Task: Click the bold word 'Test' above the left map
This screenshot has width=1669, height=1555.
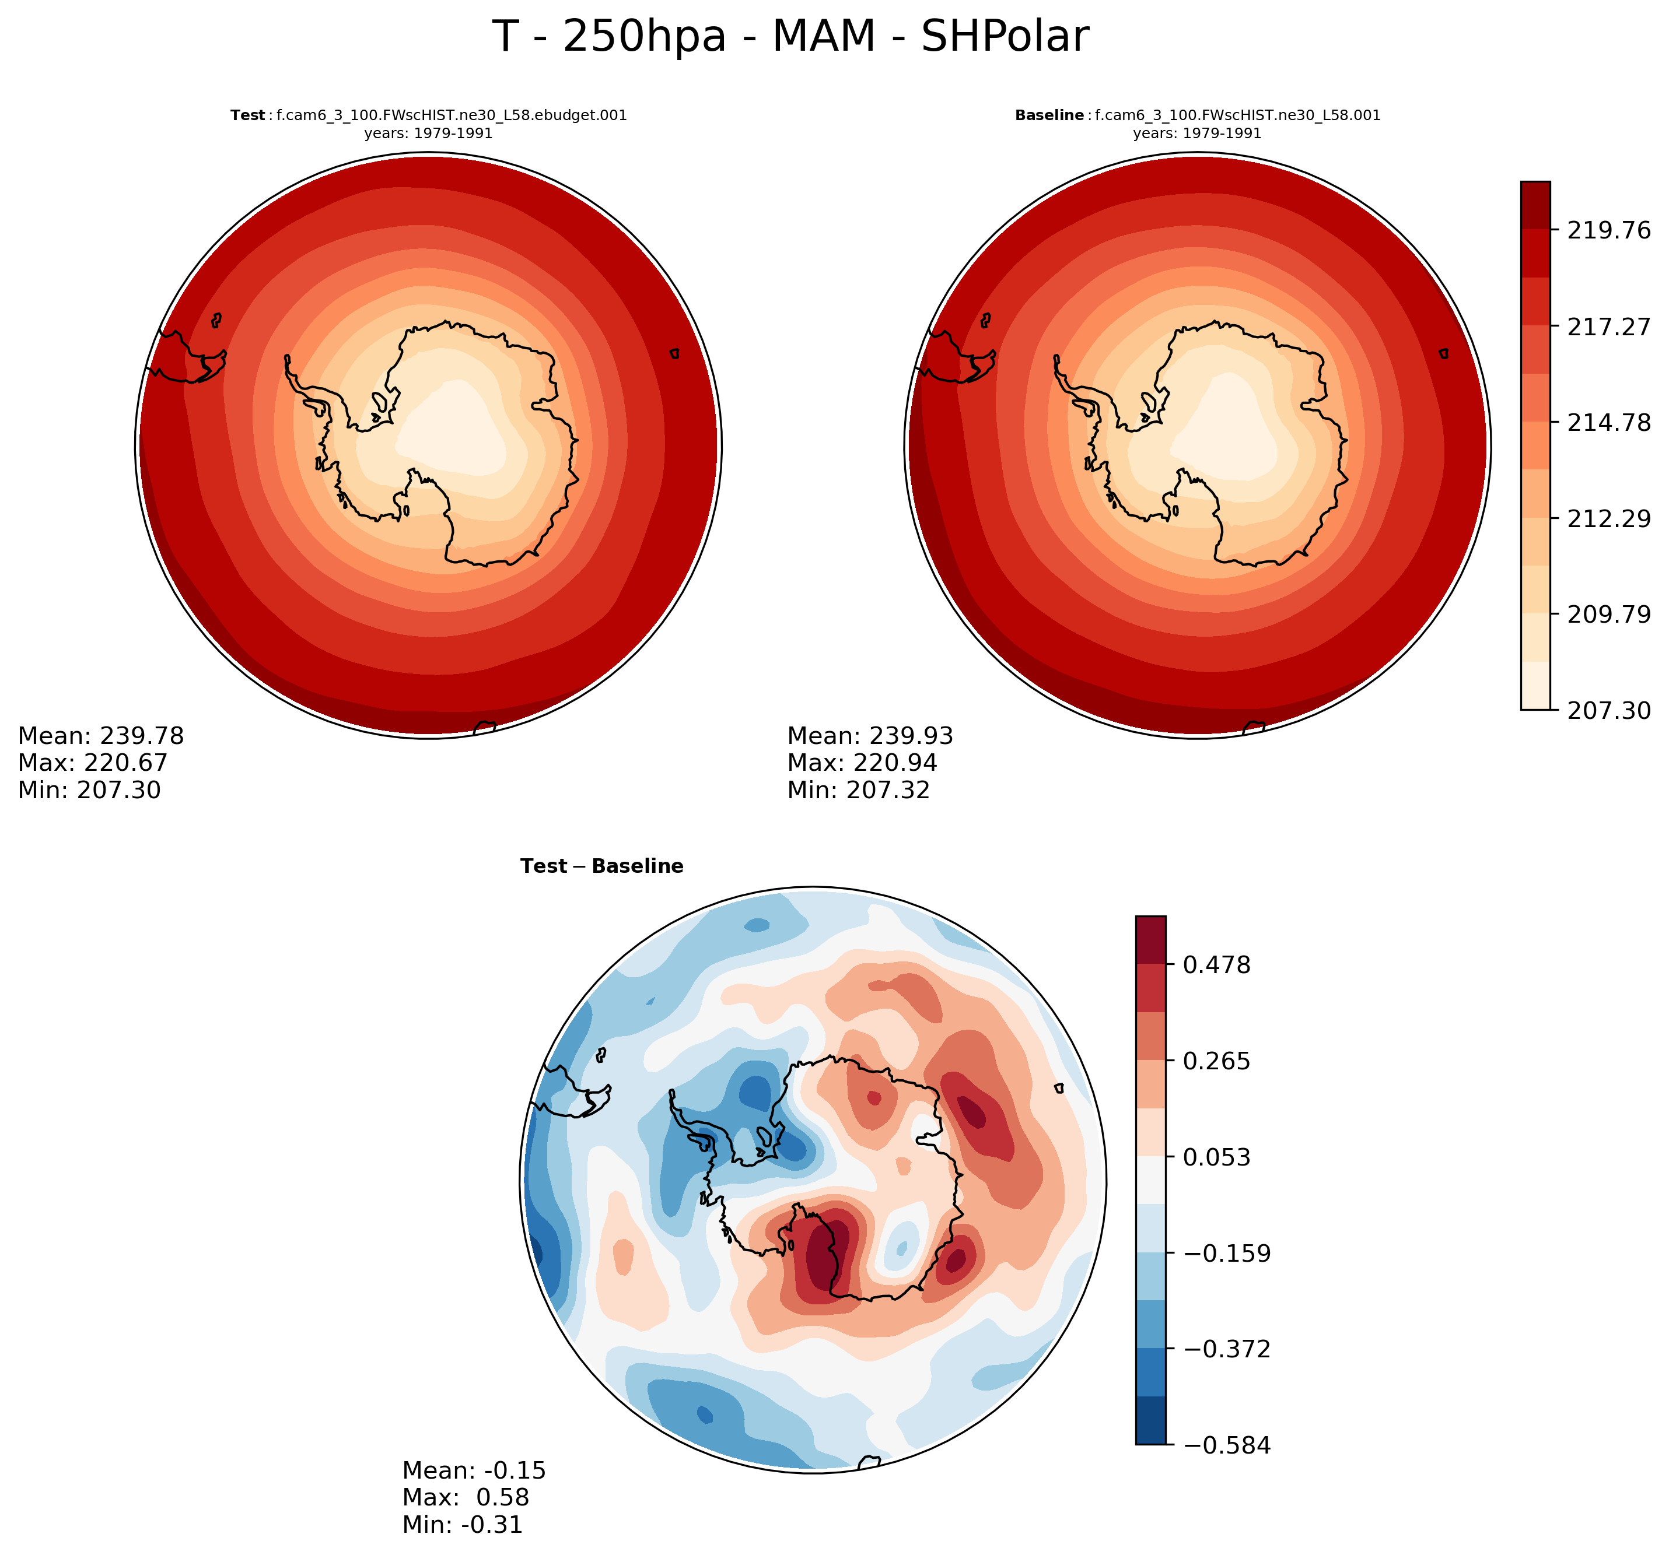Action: point(248,116)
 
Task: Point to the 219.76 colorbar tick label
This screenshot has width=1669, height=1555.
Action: point(1608,230)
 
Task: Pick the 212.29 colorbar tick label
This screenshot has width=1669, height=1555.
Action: point(1608,518)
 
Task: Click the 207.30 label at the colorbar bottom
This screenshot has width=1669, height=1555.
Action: point(1608,711)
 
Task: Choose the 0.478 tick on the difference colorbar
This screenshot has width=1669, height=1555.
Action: point(1216,965)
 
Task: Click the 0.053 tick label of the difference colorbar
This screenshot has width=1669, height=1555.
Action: point(1216,1157)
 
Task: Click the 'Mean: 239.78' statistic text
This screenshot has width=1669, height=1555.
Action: point(101,736)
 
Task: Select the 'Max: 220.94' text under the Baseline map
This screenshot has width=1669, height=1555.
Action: point(862,763)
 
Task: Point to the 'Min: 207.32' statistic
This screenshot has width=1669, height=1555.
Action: point(858,789)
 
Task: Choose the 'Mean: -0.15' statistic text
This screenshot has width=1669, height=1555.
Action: point(474,1470)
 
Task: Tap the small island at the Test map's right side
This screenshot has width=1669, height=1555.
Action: point(674,354)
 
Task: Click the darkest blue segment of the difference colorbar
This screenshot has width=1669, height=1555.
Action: point(1150,1421)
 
